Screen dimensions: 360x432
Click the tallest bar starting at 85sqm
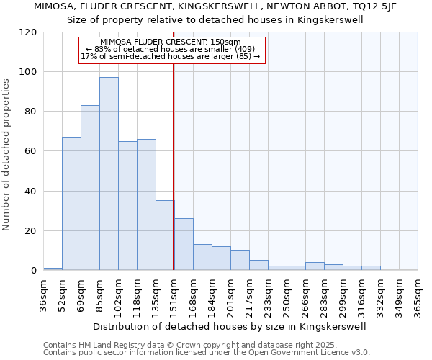[109, 174]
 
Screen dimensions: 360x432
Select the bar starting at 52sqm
[71, 203]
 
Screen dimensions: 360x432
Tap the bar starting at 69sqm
[90, 187]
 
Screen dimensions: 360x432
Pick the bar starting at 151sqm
[184, 244]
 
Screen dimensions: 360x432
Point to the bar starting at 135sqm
[165, 235]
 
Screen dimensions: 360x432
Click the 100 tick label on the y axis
[28, 72]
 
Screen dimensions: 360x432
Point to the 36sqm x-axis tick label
[44, 293]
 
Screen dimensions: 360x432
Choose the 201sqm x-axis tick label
[231, 293]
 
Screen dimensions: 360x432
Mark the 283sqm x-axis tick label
[325, 293]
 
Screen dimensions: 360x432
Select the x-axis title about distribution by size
[230, 326]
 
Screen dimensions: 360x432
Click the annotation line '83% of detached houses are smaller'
[171, 49]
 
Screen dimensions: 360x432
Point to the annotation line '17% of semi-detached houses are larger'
[171, 56]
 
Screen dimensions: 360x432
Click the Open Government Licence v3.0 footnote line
[207, 353]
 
